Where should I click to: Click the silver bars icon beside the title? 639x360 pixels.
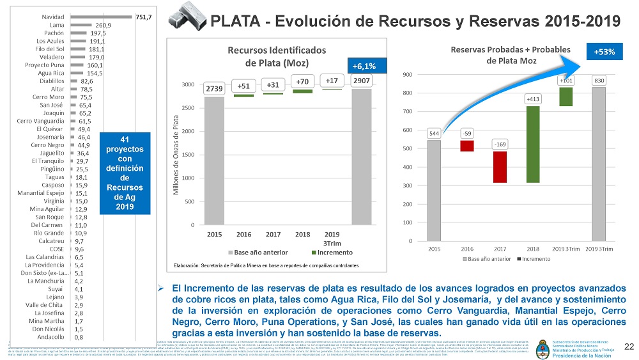pos(187,20)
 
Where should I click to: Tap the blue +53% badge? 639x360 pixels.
pos(603,52)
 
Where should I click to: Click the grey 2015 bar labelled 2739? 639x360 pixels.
pos(215,160)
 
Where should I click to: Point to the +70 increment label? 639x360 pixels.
pos(302,82)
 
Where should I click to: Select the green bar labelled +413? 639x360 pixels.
pos(533,145)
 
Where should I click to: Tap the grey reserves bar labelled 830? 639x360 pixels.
pos(599,164)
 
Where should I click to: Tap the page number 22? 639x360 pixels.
pos(629,346)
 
